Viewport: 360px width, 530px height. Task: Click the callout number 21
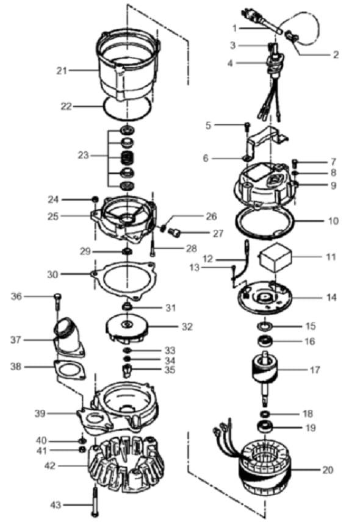pos(62,71)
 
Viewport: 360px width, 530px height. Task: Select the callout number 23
pos(83,156)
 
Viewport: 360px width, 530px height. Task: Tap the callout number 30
pos(52,274)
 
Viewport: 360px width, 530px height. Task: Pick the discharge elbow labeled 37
pos(68,338)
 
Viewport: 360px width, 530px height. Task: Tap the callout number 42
pos(50,466)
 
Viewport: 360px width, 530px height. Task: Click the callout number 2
pos(336,55)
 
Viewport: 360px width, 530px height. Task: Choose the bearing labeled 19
pos(265,426)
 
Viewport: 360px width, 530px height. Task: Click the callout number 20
pos(328,470)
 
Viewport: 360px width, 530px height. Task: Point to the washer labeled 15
pos(265,326)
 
